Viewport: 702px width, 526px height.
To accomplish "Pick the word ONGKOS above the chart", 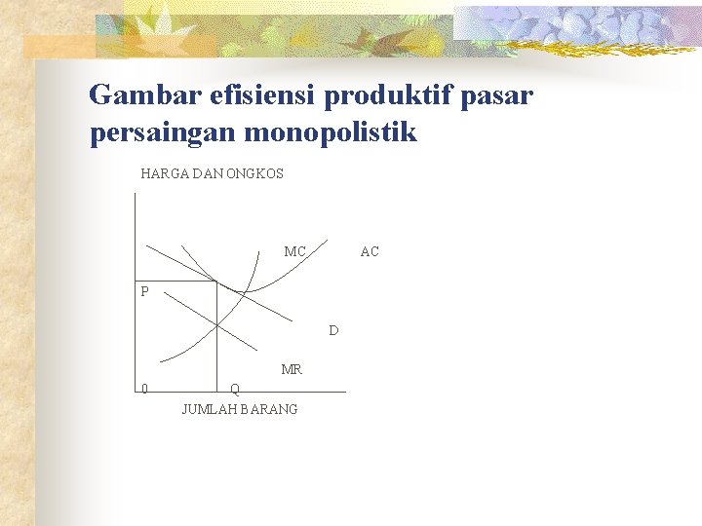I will (254, 173).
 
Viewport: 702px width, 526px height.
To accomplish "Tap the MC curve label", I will (294, 252).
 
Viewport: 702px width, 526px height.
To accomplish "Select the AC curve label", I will (370, 252).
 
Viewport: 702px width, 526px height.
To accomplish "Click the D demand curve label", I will (333, 331).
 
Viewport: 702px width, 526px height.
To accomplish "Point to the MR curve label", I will (292, 370).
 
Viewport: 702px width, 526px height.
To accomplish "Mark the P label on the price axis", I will (144, 291).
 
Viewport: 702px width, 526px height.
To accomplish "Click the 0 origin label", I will (144, 390).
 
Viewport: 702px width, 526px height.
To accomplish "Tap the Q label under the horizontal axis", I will (235, 390).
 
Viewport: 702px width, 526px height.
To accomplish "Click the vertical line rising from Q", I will (216, 341).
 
